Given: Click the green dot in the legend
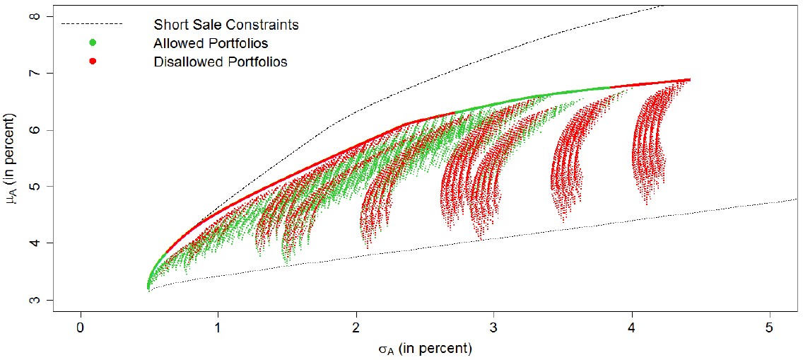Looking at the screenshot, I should click(x=92, y=43).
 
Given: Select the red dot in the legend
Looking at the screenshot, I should click(x=92, y=62).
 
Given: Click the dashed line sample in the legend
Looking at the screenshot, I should click(x=92, y=25).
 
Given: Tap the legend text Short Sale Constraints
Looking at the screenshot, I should click(x=226, y=25).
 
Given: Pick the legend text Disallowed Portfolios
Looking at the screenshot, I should click(x=221, y=62).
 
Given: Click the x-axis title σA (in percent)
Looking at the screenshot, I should click(x=425, y=349).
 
